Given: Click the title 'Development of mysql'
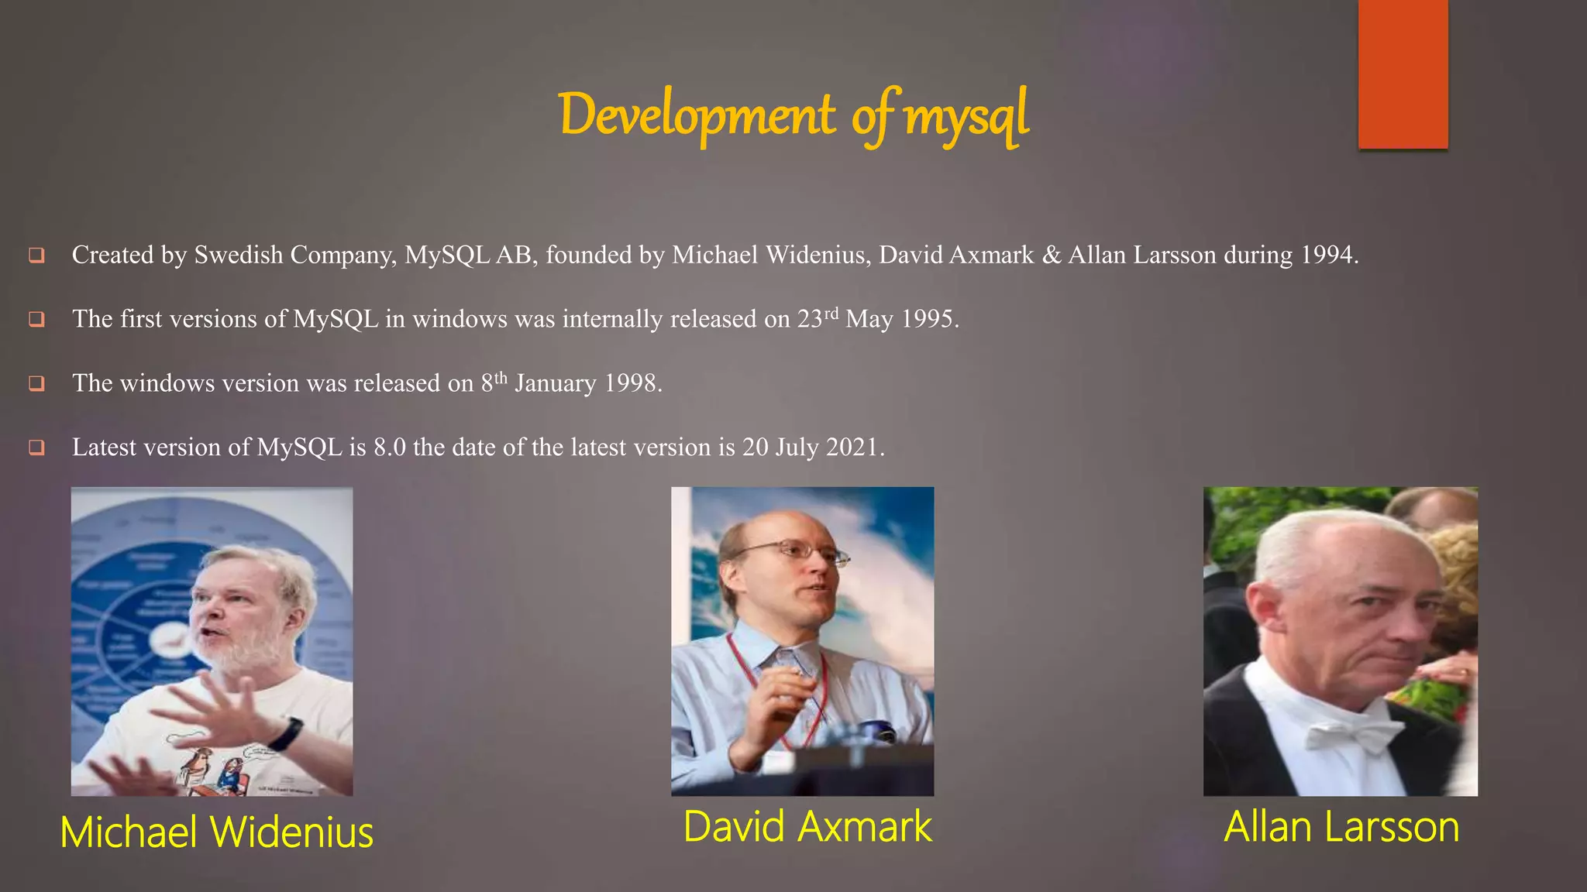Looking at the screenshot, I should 793,116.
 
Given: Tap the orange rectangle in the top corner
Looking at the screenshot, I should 1403,74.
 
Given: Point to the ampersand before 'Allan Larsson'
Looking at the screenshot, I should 1052,255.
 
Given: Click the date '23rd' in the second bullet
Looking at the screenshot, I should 818,318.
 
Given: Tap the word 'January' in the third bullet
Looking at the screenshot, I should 556,383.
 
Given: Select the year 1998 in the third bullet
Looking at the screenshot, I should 632,383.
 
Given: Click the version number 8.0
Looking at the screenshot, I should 389,448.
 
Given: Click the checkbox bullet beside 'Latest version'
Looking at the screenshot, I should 36,448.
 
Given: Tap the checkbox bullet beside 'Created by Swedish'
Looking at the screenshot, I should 36,255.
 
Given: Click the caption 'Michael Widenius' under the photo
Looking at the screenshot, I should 217,832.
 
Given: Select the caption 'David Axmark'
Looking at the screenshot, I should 807,827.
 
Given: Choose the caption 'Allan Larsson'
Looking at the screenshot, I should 1341,827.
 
